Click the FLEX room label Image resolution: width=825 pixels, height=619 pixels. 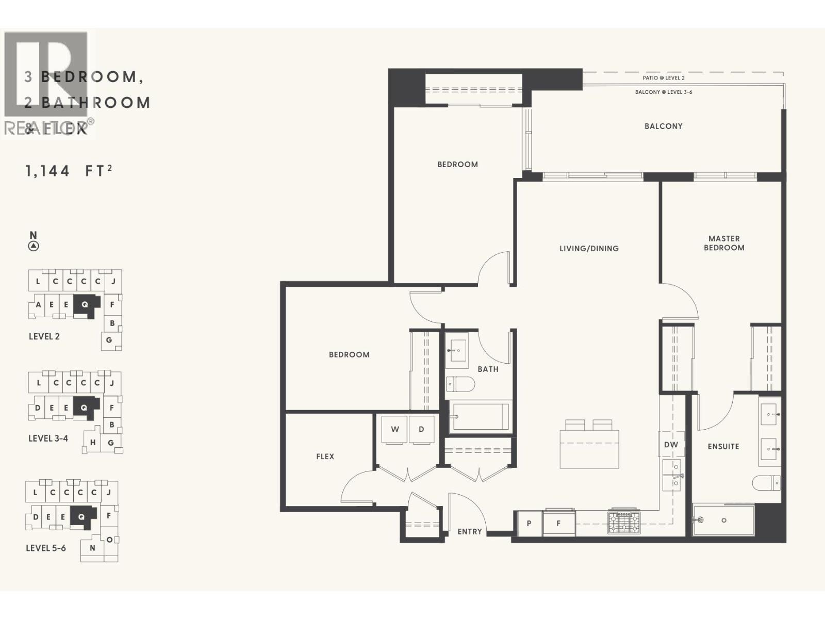[x=325, y=457]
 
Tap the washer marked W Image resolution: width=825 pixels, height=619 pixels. [x=395, y=429]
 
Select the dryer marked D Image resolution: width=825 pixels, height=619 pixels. [x=421, y=429]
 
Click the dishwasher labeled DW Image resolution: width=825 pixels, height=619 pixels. [x=671, y=445]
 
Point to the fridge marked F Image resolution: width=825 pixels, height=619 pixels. [x=558, y=523]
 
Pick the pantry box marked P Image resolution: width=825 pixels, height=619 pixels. [x=529, y=523]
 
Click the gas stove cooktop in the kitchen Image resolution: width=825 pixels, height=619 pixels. [x=624, y=522]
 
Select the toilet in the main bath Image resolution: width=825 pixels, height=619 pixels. [x=460, y=384]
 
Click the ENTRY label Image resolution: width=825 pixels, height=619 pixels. [x=470, y=531]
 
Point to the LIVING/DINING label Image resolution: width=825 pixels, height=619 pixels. [x=589, y=249]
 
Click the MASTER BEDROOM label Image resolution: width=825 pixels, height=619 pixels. [x=724, y=243]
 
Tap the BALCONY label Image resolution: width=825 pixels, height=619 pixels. [x=663, y=126]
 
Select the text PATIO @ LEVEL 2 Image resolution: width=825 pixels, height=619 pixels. [x=663, y=78]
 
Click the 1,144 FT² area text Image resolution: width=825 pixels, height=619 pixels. [x=69, y=171]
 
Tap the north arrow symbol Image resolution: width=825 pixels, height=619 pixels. [x=34, y=246]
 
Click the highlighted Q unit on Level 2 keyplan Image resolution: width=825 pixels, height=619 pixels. [x=85, y=305]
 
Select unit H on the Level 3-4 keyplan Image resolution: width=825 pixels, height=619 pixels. [x=93, y=443]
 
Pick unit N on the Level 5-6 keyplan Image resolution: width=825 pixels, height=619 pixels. [x=92, y=548]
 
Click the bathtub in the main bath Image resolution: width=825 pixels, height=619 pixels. [x=480, y=416]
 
